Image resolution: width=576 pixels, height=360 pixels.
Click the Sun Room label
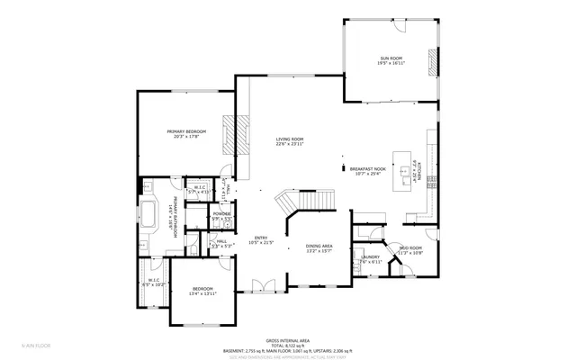(x=390, y=58)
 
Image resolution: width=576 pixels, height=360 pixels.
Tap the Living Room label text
(x=290, y=139)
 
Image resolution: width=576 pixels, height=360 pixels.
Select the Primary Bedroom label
(x=182, y=132)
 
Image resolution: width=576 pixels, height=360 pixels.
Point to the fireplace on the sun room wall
(x=431, y=63)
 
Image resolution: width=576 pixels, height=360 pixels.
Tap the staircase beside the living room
(x=306, y=202)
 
